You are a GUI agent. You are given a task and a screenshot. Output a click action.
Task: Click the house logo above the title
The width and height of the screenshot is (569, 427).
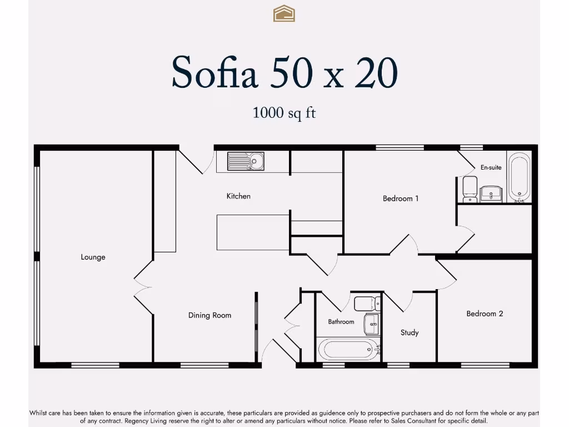[x=284, y=13]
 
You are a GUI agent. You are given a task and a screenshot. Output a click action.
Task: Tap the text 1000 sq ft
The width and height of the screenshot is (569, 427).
[x=284, y=113]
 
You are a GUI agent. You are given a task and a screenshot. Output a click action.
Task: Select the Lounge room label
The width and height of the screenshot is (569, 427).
[x=93, y=257]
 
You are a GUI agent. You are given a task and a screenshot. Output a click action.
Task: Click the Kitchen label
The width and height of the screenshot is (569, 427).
[x=238, y=196]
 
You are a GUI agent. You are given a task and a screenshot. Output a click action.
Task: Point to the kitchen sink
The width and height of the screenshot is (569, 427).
[x=246, y=161]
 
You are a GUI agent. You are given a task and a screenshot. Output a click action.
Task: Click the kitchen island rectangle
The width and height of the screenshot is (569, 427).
[x=253, y=232]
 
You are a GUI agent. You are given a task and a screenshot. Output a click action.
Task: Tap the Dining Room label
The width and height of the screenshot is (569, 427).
[x=209, y=315]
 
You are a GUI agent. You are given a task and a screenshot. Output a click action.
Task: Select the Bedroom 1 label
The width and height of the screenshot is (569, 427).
[x=401, y=198]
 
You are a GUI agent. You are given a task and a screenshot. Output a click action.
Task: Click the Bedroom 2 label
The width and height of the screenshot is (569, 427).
[x=485, y=314]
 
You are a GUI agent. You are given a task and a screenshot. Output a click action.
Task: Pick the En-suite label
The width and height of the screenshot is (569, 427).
[x=491, y=167]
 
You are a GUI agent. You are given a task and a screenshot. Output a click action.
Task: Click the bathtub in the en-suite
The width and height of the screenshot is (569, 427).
[x=520, y=177]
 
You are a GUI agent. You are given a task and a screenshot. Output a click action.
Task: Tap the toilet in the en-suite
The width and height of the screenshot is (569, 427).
[x=470, y=189]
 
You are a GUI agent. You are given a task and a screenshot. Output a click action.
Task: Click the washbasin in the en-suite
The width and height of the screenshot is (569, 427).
[x=491, y=194]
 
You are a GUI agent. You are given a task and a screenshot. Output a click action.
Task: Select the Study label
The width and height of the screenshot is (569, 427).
[x=410, y=332]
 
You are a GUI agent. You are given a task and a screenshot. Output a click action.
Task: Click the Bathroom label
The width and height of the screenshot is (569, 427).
[x=341, y=322]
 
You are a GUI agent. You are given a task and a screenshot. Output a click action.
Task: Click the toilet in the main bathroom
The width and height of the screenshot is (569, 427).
[x=367, y=304]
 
